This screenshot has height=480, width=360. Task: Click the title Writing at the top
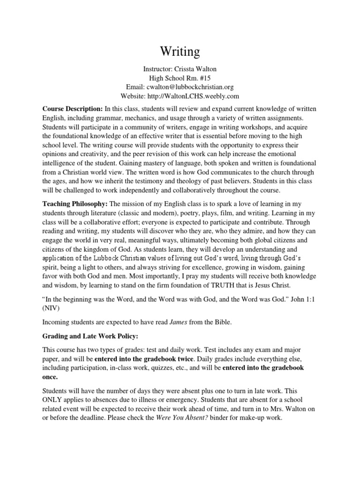(x=180, y=51)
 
